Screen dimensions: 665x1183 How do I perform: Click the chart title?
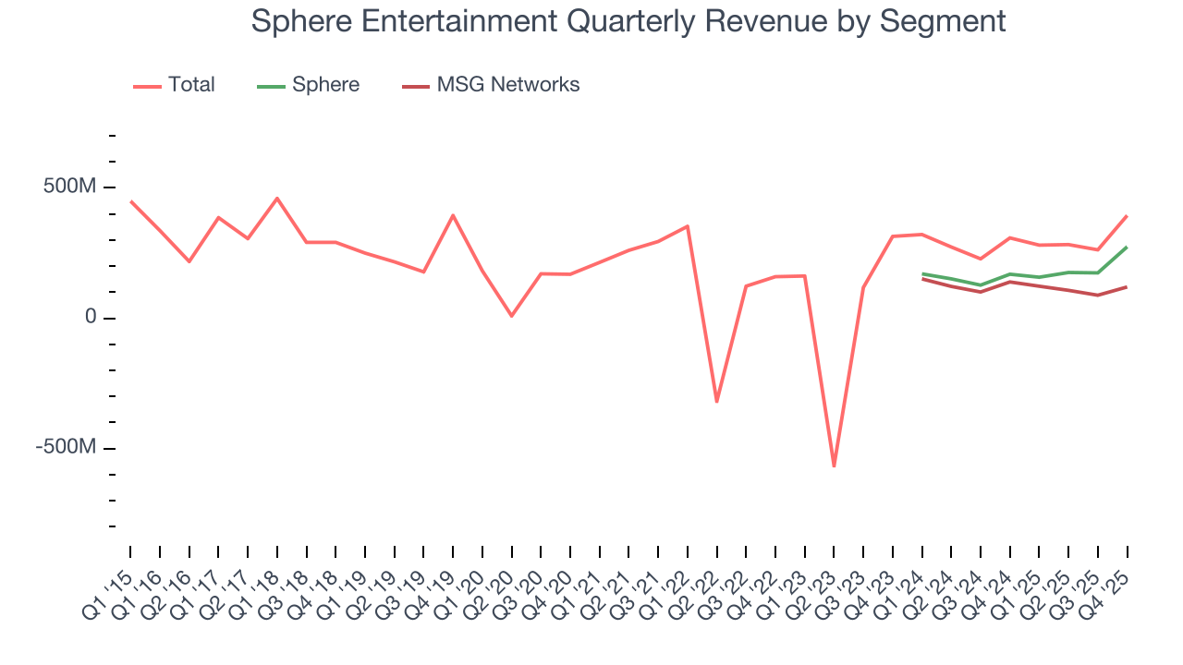(628, 20)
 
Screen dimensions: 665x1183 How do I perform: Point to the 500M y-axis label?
(70, 187)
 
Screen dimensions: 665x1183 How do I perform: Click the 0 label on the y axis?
(90, 318)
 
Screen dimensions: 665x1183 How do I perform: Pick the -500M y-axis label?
(66, 448)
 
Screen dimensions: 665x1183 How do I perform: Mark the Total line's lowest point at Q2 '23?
(834, 466)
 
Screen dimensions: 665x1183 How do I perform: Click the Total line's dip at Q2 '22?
(716, 402)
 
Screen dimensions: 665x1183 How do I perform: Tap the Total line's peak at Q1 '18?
(276, 198)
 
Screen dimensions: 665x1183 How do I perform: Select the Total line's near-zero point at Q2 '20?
(511, 316)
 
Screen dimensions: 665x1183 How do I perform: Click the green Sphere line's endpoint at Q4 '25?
(1127, 247)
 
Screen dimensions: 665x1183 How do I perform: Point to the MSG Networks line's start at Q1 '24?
(921, 278)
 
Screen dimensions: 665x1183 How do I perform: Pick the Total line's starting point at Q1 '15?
(130, 200)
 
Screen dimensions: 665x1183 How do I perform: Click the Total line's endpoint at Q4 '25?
(1127, 216)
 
